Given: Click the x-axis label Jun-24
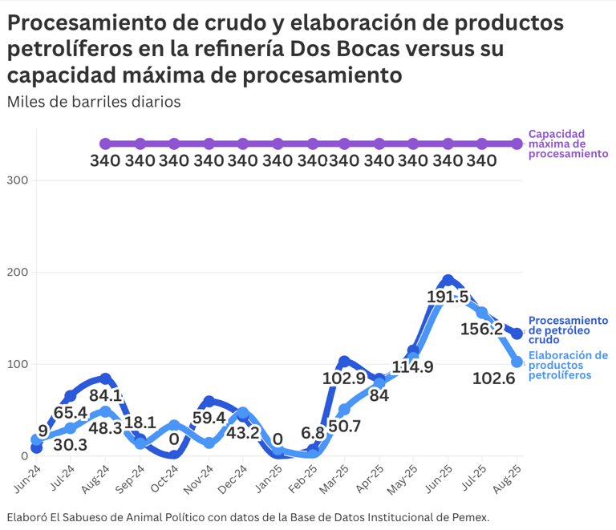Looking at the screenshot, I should (x=26, y=476).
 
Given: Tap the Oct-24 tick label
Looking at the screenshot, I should (x=164, y=476).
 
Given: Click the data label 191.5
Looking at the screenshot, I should (x=447, y=296).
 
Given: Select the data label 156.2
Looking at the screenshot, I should (x=481, y=330).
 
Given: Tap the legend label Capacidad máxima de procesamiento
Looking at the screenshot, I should (x=567, y=144).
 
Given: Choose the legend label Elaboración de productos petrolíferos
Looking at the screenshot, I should (x=567, y=365).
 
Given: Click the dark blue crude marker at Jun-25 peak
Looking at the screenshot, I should (x=448, y=281).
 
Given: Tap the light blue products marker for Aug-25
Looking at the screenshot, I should (x=517, y=362).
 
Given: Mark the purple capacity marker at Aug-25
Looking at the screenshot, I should (x=517, y=144).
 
